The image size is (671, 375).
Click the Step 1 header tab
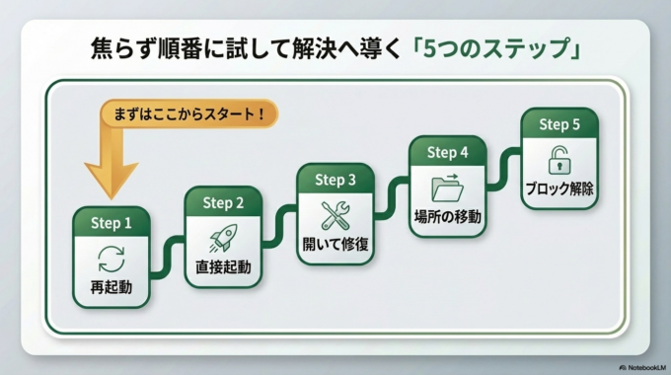tap(112, 223)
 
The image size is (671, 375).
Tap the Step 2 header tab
tap(223, 202)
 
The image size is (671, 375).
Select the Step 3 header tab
tap(335, 180)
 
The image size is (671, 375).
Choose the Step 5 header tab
tap(559, 124)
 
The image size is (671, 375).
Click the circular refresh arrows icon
tap(111, 260)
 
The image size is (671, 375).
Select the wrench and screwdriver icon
tap(335, 214)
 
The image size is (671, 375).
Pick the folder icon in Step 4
tap(447, 187)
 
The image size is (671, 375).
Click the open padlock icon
tap(559, 160)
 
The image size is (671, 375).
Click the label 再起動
tap(111, 289)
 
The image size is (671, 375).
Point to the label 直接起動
tap(223, 267)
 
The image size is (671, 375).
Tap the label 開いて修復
tap(335, 244)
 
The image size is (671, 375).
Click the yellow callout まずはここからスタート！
tap(188, 113)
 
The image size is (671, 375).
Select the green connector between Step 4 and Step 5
tap(502, 160)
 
